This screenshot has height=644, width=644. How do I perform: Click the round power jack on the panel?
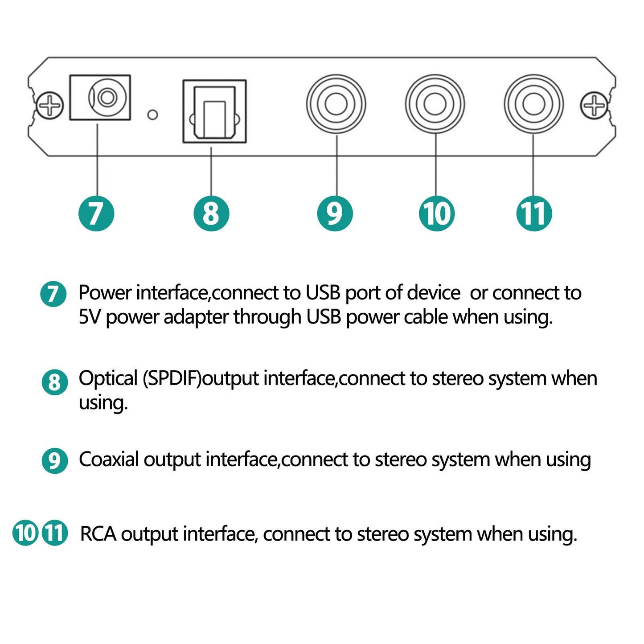pos(107,97)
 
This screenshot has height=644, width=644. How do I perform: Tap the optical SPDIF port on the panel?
pos(214,112)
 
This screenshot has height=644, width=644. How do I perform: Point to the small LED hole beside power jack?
pos(152,115)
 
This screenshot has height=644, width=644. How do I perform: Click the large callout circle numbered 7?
pos(96,213)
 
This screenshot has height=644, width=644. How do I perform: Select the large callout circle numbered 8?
pos(211,213)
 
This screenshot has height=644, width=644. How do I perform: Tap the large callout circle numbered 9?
pos(335,213)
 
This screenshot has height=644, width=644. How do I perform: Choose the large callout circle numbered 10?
pos(437,213)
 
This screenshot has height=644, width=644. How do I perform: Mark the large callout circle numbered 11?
pos(534,213)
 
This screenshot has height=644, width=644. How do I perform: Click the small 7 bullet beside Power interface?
pos(53,294)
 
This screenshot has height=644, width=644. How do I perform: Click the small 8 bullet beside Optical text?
pos(54,382)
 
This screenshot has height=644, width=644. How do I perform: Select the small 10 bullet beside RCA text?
pos(25,533)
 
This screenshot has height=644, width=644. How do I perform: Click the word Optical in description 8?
pos(108,379)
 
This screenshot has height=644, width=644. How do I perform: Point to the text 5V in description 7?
pos(89,317)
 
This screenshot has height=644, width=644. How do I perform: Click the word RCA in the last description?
pos(98,534)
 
